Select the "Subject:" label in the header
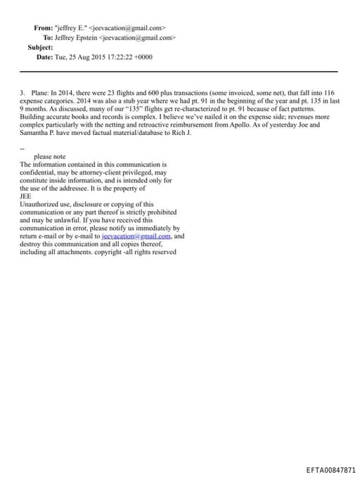(40, 47)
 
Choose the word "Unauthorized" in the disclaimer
(39, 204)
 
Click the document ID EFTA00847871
(331, 468)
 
